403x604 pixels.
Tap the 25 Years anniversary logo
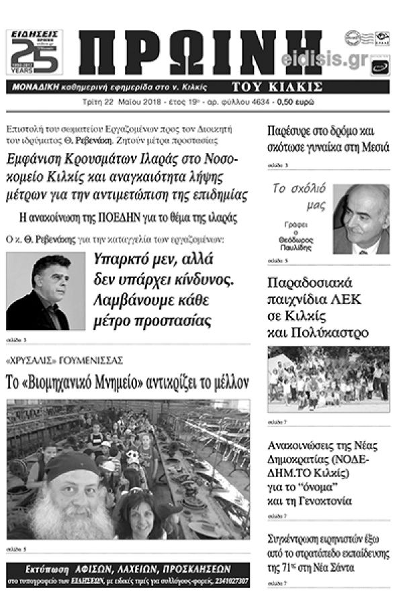(34, 52)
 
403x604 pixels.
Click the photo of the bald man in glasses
(361, 219)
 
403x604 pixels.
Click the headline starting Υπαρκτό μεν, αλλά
(165, 290)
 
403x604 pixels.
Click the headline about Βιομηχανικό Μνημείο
(128, 383)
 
